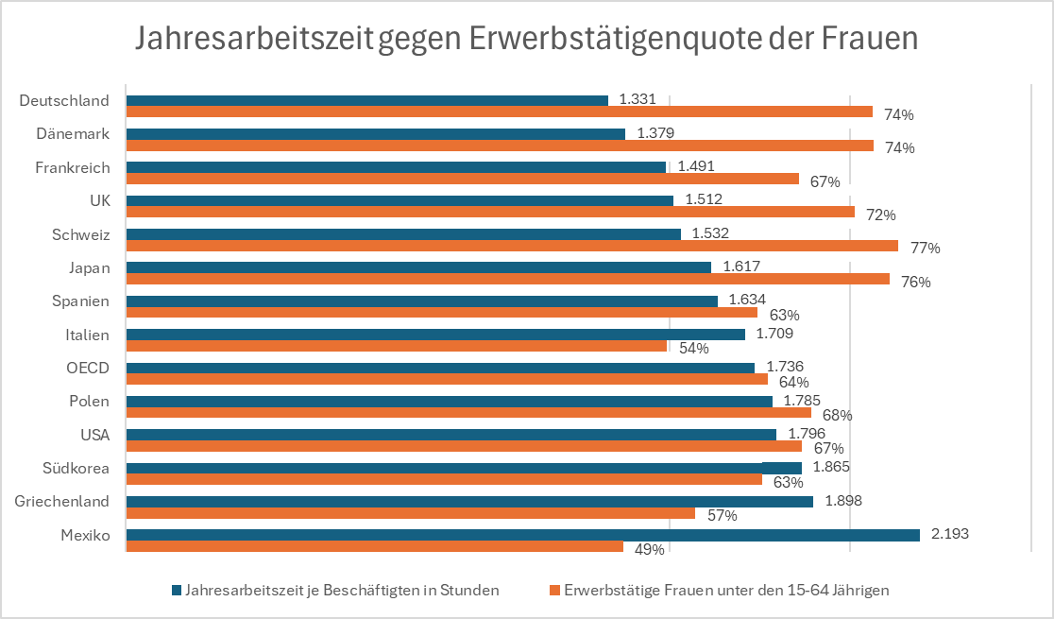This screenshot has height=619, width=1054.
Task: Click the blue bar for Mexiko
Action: (523, 535)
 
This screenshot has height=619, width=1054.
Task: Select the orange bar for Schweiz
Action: (512, 246)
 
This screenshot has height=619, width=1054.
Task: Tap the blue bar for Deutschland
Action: (367, 100)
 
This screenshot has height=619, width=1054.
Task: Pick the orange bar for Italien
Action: (397, 346)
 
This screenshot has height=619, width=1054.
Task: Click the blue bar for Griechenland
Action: (470, 501)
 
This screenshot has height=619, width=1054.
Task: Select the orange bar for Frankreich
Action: (463, 179)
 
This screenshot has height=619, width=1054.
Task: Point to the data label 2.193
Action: (950, 534)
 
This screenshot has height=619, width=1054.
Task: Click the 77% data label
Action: (925, 249)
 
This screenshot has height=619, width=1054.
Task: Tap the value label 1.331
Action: (637, 99)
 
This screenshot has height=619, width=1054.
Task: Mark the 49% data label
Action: (650, 550)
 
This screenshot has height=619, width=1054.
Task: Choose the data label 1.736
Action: (785, 367)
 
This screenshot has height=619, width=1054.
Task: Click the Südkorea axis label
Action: (76, 469)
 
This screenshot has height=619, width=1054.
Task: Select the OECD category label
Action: (88, 368)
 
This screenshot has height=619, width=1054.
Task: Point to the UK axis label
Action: (99, 200)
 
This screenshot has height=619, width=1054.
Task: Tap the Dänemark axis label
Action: (73, 134)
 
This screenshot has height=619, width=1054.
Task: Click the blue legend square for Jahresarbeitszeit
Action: (177, 591)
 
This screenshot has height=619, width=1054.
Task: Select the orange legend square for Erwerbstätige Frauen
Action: (554, 591)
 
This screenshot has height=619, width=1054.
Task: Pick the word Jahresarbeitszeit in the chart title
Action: (254, 39)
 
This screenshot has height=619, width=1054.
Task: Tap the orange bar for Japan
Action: (508, 279)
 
